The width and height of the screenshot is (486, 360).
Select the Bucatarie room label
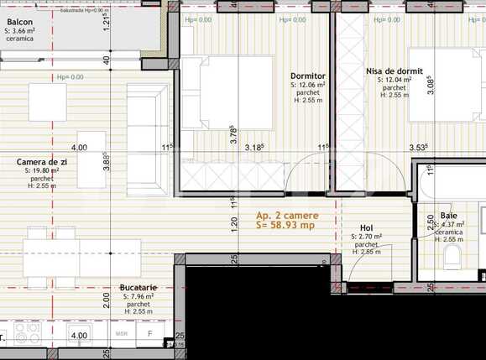click(x=138, y=286)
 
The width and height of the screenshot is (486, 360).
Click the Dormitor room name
click(x=308, y=76)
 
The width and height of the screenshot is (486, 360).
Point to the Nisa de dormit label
click(x=395, y=72)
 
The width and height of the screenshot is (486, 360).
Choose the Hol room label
click(x=366, y=227)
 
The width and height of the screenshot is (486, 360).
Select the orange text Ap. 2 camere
click(x=285, y=215)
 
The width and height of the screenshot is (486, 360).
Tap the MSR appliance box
click(x=121, y=334)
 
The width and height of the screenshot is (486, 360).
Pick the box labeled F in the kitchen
click(x=149, y=334)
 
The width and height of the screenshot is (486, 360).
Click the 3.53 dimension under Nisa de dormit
click(x=419, y=148)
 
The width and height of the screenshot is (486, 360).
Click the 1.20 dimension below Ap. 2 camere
click(x=234, y=225)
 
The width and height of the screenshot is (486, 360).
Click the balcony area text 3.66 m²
click(x=24, y=30)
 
